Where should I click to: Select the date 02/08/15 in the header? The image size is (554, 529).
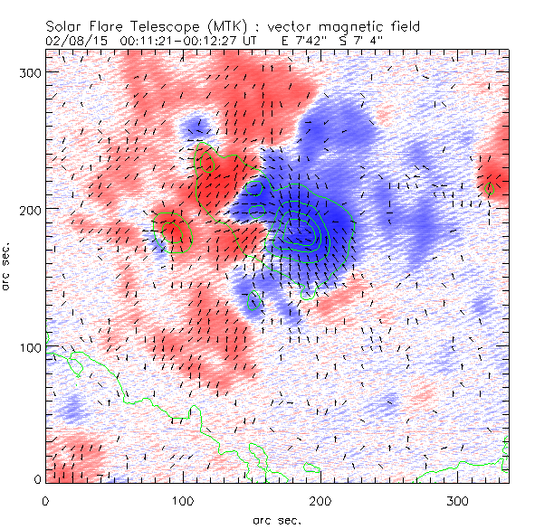[72, 42]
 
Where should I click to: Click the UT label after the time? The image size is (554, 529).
[263, 42]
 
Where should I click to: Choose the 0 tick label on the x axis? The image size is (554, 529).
[45, 500]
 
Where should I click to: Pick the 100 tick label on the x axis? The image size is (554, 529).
[183, 500]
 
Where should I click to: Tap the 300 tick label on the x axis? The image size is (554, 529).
[458, 500]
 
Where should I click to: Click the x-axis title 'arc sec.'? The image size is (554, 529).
[276, 519]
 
